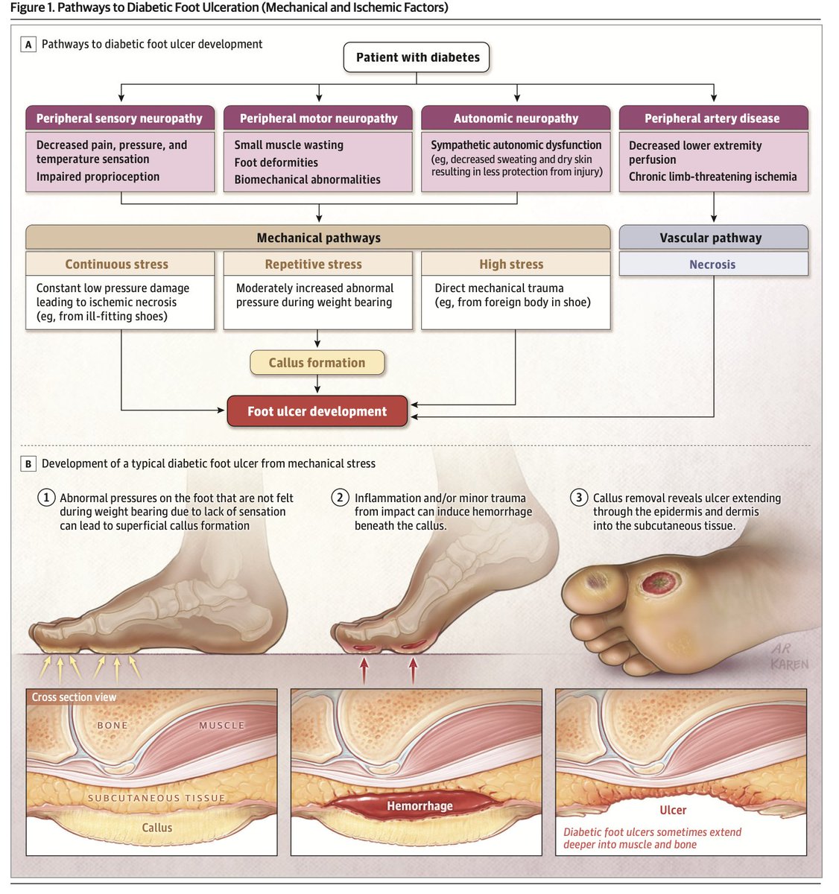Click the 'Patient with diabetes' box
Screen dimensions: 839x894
pos(416,57)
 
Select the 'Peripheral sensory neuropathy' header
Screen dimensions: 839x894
pos(120,118)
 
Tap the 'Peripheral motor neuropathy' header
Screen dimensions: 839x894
pos(318,118)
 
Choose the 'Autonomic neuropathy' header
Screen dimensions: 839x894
pos(516,118)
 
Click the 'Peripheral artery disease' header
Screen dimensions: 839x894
pos(713,118)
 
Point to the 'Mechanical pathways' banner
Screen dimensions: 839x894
pos(318,237)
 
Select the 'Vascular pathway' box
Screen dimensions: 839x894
pos(713,237)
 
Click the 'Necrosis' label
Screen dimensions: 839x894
pos(712,264)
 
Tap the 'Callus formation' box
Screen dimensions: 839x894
pos(317,362)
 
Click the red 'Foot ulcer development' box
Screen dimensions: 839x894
pos(317,411)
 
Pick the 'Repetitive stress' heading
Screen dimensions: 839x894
pos(314,264)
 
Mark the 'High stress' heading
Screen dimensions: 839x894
pos(511,264)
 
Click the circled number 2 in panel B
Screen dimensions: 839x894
pos(340,498)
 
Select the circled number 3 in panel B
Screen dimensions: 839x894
pos(579,498)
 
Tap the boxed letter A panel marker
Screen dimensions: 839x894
pos(28,45)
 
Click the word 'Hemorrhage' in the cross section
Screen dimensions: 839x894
pos(419,806)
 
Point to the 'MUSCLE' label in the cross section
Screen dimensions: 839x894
pos(221,725)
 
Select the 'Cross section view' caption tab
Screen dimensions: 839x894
pos(74,697)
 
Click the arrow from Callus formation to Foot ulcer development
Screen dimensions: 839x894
pos(317,384)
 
